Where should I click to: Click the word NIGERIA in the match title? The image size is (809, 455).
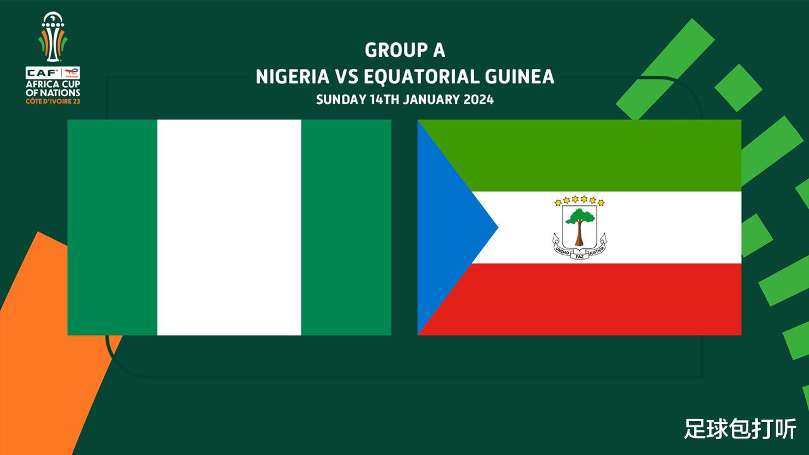coord(293,76)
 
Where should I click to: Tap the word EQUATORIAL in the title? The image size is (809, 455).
coord(421,76)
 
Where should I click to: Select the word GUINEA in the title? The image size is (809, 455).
coord(520,76)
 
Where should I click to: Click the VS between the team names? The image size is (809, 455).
coord(346,76)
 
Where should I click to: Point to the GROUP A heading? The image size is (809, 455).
coord(405,50)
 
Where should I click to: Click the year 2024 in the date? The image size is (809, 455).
coord(478,99)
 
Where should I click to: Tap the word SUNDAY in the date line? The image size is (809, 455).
coord(341,99)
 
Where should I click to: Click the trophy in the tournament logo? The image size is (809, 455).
coord(52,37)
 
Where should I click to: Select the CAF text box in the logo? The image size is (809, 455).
coord(44,73)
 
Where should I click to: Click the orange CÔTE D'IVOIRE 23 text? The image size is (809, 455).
coord(52,102)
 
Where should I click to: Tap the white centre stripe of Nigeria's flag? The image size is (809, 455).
coord(229,227)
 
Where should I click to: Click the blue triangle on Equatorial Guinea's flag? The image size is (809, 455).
coord(448,227)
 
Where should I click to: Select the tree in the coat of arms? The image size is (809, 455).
coord(580,227)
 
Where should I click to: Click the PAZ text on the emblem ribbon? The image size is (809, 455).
coord(580,257)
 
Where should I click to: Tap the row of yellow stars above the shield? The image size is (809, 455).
coord(580,200)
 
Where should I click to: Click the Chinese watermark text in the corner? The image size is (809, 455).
coord(740,429)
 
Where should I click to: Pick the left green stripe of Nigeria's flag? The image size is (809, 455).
coord(113,227)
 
